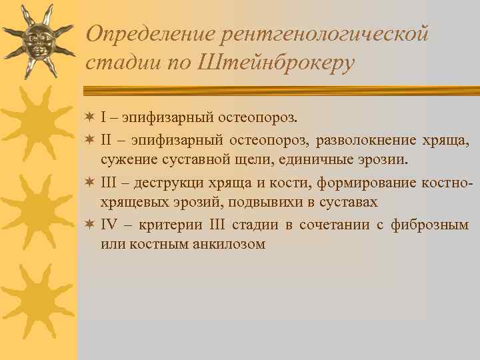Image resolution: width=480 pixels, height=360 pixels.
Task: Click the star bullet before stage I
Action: [x=91, y=118]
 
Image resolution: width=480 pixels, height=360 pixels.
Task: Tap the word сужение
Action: [x=129, y=160]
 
